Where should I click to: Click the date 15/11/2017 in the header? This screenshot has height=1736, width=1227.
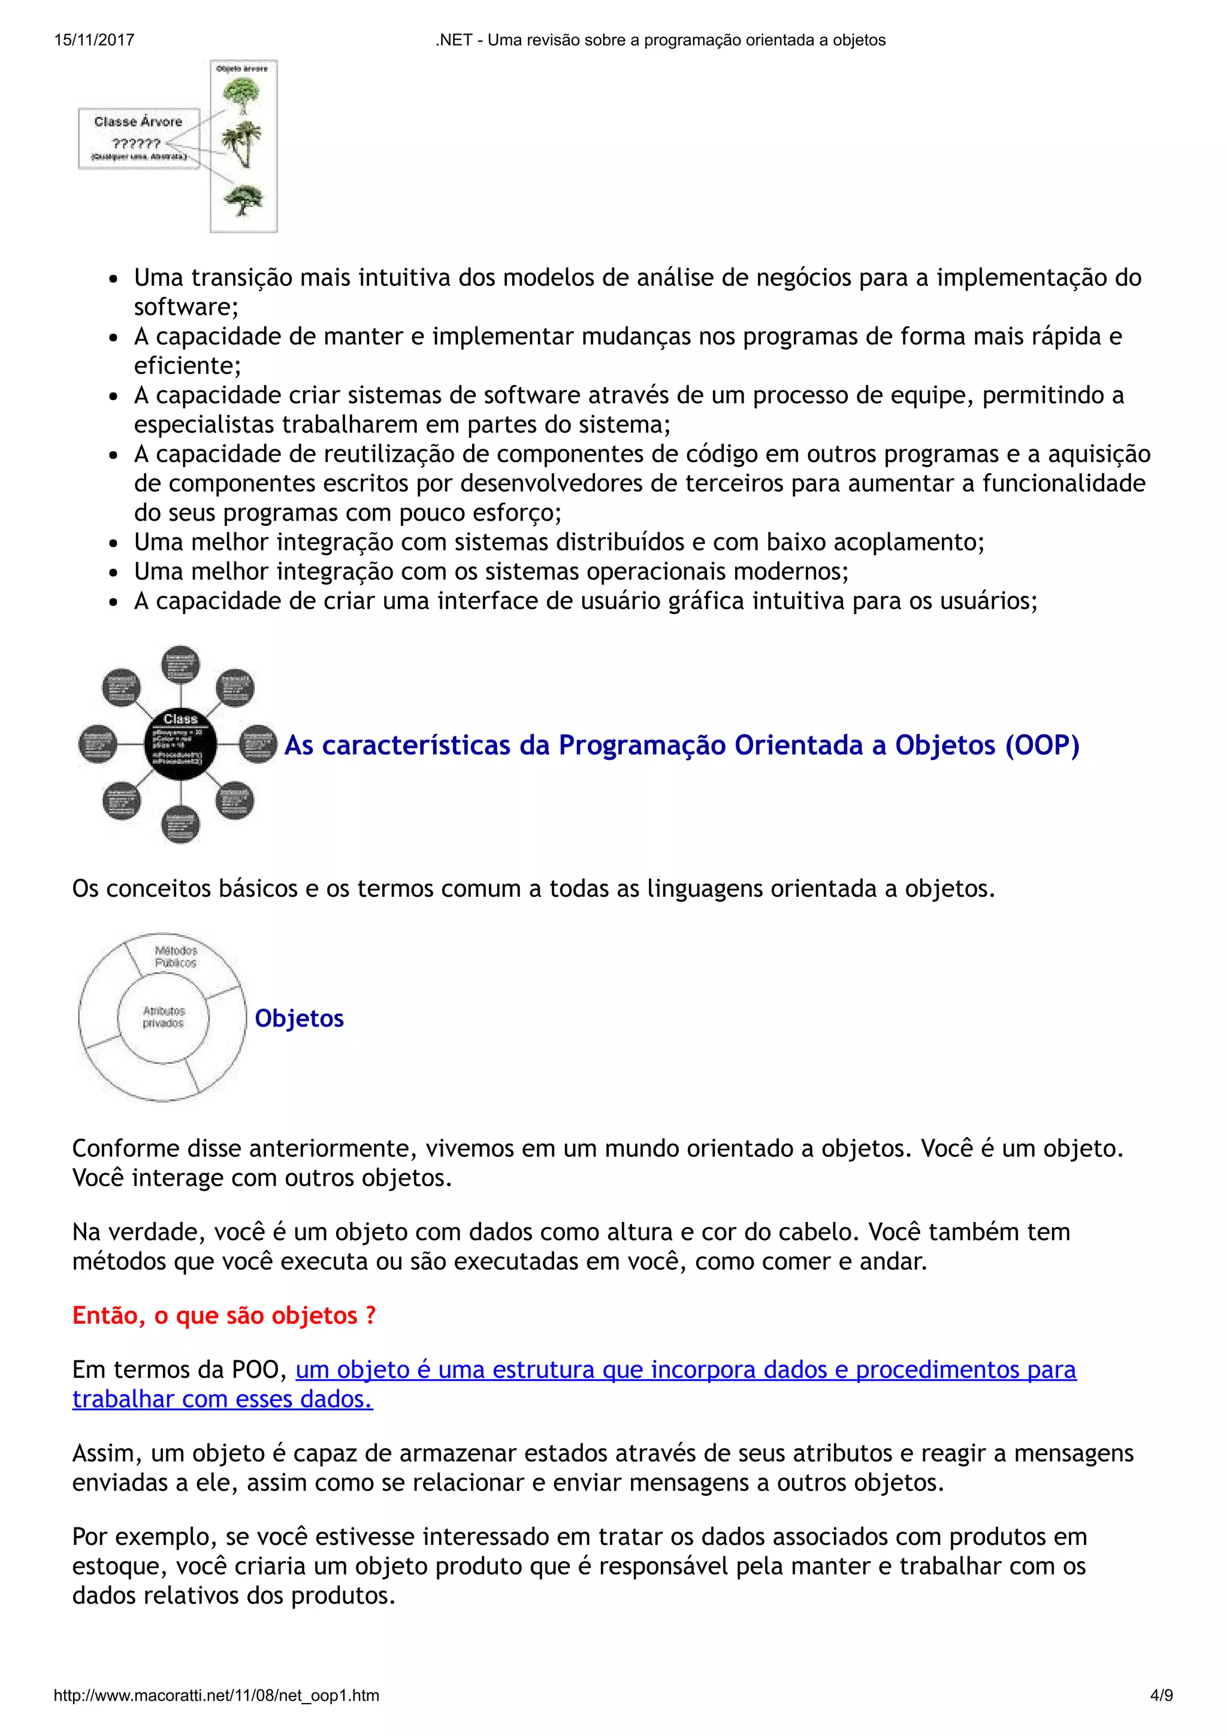[93, 40]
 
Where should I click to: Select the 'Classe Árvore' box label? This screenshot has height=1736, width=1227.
[138, 122]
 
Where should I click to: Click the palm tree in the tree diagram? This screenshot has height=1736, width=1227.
[242, 144]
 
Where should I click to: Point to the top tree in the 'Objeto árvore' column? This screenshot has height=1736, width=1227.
[241, 95]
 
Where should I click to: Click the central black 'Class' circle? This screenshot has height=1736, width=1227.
[181, 744]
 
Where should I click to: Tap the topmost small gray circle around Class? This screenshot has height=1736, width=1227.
[181, 664]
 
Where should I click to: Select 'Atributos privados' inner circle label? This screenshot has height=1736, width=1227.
[164, 1017]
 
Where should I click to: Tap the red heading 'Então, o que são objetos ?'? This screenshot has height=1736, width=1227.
[224, 1315]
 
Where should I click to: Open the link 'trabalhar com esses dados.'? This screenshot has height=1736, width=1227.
[222, 1399]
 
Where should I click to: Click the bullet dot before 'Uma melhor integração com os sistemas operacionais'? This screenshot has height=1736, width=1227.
[113, 572]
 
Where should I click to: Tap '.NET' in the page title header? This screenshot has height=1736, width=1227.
[453, 40]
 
